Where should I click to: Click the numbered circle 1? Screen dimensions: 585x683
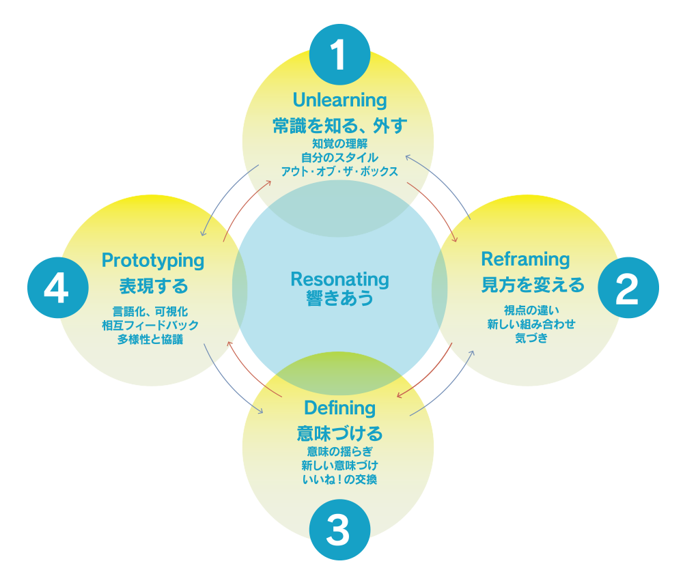(339, 55)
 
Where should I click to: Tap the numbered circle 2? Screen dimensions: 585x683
(628, 289)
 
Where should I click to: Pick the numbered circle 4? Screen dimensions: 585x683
(57, 289)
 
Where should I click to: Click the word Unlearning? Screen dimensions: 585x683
(339, 100)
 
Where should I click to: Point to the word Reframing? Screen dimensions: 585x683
(525, 259)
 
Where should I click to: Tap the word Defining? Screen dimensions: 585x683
(339, 408)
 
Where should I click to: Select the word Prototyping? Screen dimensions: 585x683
(153, 260)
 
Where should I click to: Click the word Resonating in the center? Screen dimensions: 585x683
(339, 279)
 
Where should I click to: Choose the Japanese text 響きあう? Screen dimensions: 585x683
(339, 298)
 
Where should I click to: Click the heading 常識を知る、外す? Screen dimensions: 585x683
(339, 126)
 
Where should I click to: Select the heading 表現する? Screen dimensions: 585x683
(153, 285)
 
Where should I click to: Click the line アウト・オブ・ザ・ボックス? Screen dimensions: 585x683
(339, 171)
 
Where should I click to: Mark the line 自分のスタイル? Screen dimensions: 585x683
(339, 157)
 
